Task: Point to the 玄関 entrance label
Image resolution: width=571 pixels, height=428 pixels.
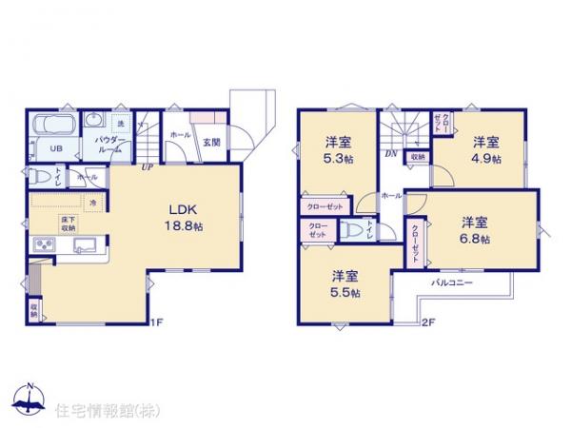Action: (211, 143)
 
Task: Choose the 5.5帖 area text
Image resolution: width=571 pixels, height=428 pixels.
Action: (346, 293)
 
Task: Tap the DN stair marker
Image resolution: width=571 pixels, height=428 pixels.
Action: (390, 152)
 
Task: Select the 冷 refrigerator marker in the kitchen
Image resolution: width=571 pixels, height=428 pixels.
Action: (93, 202)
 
